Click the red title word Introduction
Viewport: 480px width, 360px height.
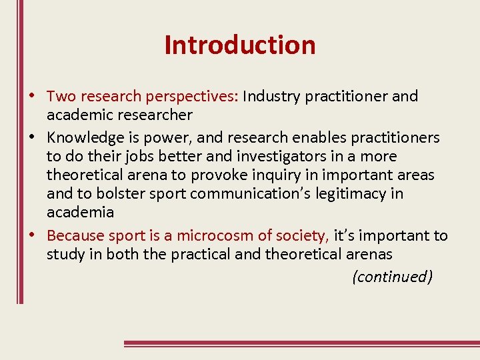click(x=240, y=45)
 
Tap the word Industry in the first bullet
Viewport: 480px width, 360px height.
click(x=268, y=96)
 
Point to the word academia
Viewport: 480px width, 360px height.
click(x=80, y=213)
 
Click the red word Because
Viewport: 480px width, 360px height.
click(x=76, y=235)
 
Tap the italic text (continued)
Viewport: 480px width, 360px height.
click(x=392, y=277)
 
